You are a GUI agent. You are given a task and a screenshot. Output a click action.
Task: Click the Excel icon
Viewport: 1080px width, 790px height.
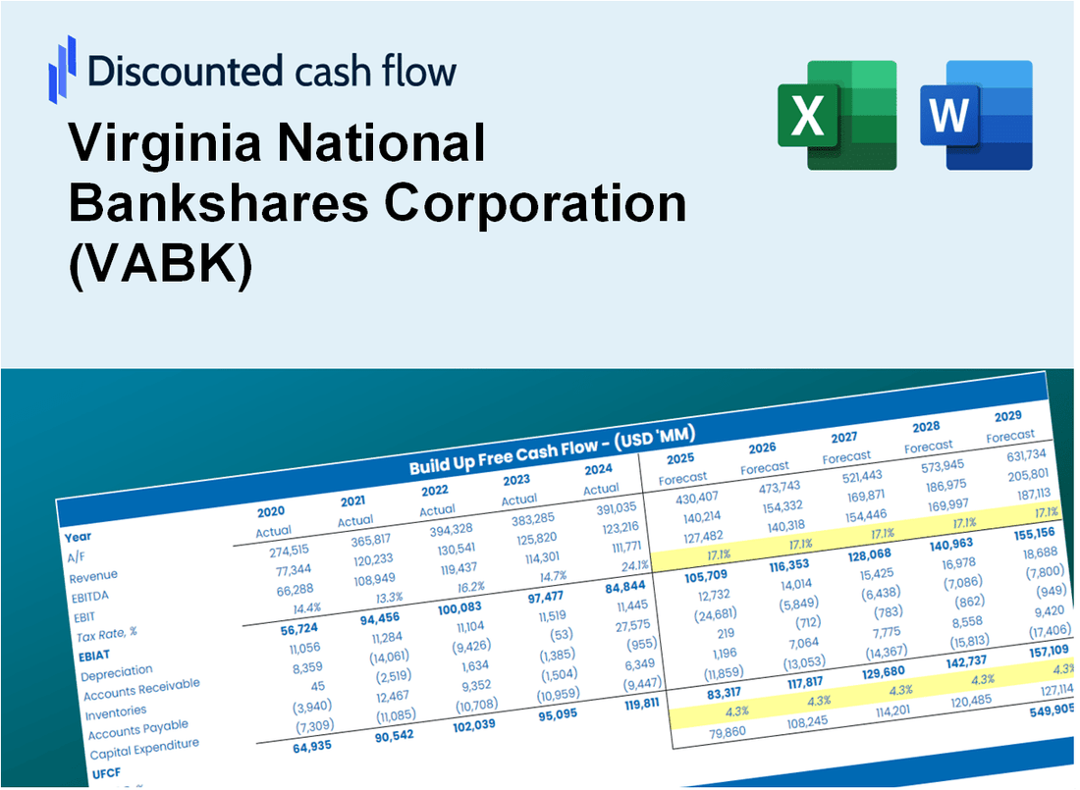point(837,115)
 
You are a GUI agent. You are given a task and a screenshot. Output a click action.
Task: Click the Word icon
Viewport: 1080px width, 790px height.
point(976,115)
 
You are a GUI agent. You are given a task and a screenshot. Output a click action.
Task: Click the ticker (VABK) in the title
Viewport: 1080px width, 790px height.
point(160,265)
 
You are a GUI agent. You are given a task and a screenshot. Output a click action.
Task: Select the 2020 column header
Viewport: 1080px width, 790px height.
point(272,511)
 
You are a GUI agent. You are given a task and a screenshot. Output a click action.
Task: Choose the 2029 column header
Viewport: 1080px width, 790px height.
point(1008,416)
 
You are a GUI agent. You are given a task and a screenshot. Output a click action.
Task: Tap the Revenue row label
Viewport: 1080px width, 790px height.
point(93,576)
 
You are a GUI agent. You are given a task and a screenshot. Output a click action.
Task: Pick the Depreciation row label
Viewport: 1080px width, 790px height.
point(117,675)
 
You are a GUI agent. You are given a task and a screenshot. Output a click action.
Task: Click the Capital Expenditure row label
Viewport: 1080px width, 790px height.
point(144,750)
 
